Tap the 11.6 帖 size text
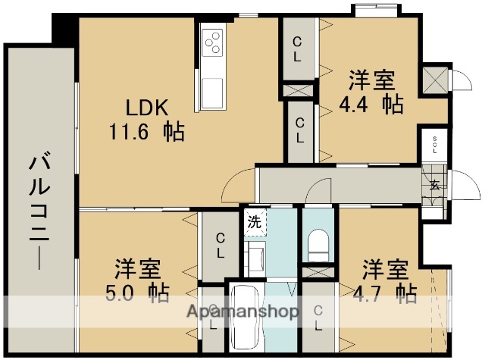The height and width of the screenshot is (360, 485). [x=146, y=132]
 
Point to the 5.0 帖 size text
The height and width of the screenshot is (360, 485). [x=137, y=292]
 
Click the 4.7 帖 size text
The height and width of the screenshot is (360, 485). [x=384, y=293]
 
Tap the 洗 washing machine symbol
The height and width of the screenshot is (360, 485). [x=255, y=223]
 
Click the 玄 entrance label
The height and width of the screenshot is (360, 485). [x=435, y=184]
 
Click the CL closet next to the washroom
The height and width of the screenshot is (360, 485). [x=219, y=246]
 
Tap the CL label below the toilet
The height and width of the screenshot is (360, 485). [x=318, y=316]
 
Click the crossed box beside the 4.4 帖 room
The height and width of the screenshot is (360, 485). [x=435, y=79]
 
